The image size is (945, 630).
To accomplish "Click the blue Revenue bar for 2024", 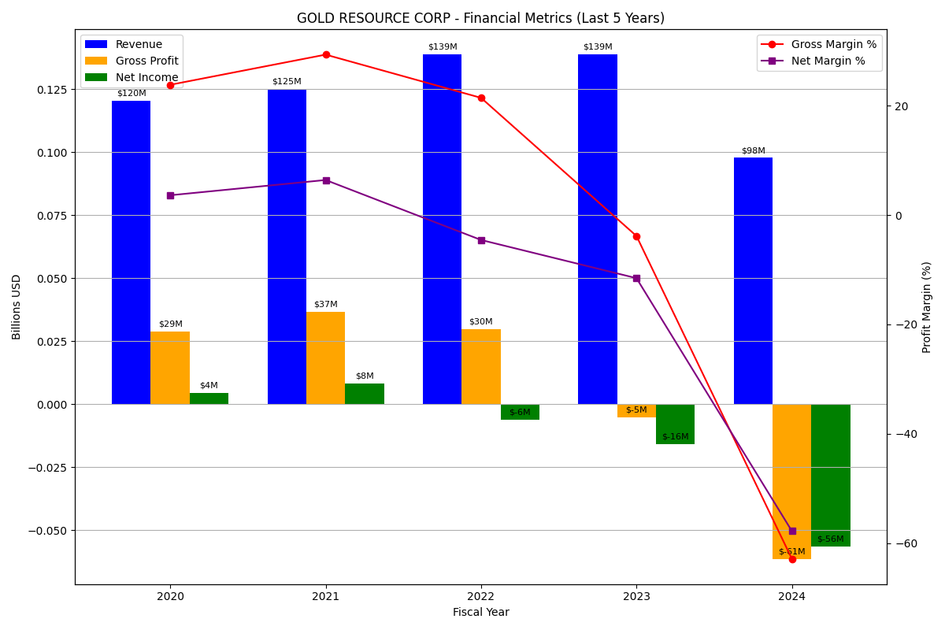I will point(753,280).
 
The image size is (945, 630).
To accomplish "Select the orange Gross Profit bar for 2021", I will point(325,358).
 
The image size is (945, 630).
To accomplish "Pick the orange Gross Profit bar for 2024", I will point(791,481).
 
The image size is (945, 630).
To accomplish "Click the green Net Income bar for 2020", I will point(209,398).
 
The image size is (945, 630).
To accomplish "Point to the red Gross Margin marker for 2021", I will point(326,55).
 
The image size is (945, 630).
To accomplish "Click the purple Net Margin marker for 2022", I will point(481,240).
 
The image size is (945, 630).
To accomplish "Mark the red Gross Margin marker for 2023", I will point(636,236).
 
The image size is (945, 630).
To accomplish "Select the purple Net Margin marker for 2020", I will point(170,195).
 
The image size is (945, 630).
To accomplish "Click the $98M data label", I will point(753,151).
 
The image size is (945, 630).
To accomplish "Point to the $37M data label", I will point(325,305).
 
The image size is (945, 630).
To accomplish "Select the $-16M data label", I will point(675,437).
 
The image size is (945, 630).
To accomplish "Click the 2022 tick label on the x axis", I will point(481,597).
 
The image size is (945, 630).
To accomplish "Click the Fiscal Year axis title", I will point(480,613).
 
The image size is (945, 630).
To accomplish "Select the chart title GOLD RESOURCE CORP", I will point(480,18).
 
